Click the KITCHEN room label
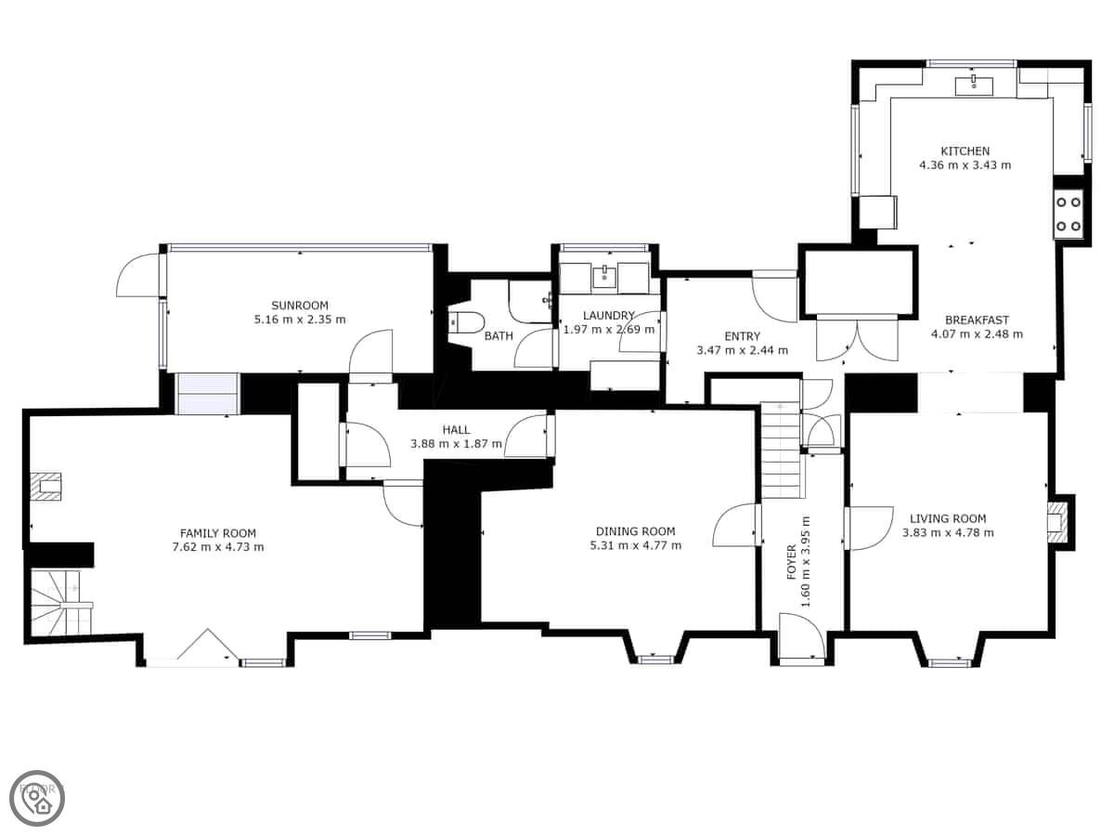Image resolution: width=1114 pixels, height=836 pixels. (x=965, y=151)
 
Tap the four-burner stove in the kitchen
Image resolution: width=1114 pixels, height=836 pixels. (x=1069, y=215)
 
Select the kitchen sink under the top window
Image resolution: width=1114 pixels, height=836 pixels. (x=974, y=85)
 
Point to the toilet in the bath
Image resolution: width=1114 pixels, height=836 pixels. (x=465, y=322)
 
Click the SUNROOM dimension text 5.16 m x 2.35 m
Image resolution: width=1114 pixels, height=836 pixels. (x=300, y=320)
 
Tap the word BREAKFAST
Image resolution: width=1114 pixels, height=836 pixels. (x=977, y=320)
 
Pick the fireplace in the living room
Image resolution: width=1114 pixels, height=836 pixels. (x=1059, y=522)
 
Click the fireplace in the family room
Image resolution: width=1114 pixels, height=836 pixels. (x=46, y=487)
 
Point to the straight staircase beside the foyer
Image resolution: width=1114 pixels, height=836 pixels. (x=781, y=450)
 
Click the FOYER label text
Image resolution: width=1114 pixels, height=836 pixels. (x=791, y=562)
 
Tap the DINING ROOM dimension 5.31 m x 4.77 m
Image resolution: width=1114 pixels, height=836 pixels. (x=635, y=545)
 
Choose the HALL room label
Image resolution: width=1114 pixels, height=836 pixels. (x=456, y=430)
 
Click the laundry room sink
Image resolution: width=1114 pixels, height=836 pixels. (x=604, y=277)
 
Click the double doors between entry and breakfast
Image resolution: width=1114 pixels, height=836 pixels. (x=857, y=339)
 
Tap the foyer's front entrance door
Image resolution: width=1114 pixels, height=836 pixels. (x=802, y=637)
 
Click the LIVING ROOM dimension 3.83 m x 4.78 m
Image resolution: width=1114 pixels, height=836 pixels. (x=948, y=533)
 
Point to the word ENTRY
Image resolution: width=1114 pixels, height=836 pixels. (x=742, y=336)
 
